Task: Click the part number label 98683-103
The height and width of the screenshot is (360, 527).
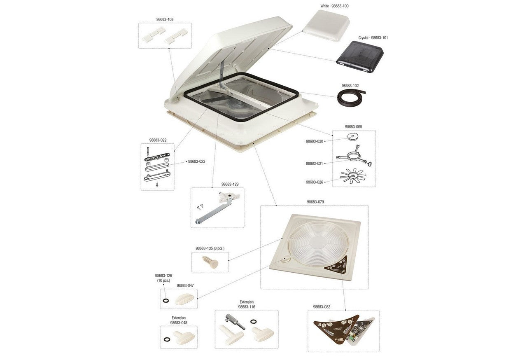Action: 165,19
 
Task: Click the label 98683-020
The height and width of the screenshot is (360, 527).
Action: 314,141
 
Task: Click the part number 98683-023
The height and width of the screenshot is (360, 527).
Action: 196,161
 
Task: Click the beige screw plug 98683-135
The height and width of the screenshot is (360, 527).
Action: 210,262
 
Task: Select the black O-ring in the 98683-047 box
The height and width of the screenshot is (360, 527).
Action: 166,300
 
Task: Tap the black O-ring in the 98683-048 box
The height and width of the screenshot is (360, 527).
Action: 167,339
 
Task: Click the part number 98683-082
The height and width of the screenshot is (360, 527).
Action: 322,307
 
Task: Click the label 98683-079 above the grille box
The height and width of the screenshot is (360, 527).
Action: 315,202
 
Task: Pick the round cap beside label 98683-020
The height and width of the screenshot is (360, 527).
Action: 352,137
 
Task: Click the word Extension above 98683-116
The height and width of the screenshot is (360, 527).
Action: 247,302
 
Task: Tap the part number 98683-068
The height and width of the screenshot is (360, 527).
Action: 353,126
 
